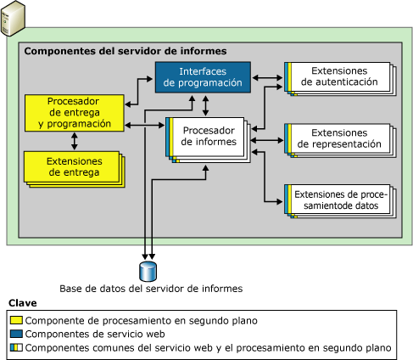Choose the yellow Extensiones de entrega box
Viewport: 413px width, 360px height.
pyautogui.click(x=70, y=166)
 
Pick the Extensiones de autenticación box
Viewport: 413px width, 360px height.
pyautogui.click(x=338, y=77)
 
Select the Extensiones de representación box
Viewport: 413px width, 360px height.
pyautogui.click(x=338, y=138)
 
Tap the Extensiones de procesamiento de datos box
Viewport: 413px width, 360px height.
pyautogui.click(x=338, y=200)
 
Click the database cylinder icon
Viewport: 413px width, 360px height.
pyautogui.click(x=149, y=271)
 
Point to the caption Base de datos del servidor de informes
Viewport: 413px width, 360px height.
pyautogui.click(x=151, y=289)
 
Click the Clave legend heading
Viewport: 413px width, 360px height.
pyautogui.click(x=22, y=303)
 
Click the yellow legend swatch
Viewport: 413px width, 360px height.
pyautogui.click(x=16, y=321)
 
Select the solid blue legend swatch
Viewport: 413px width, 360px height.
pyautogui.click(x=16, y=334)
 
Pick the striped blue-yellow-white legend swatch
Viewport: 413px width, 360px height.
pyautogui.click(x=16, y=347)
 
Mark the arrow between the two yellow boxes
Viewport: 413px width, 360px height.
pyautogui.click(x=75, y=139)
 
